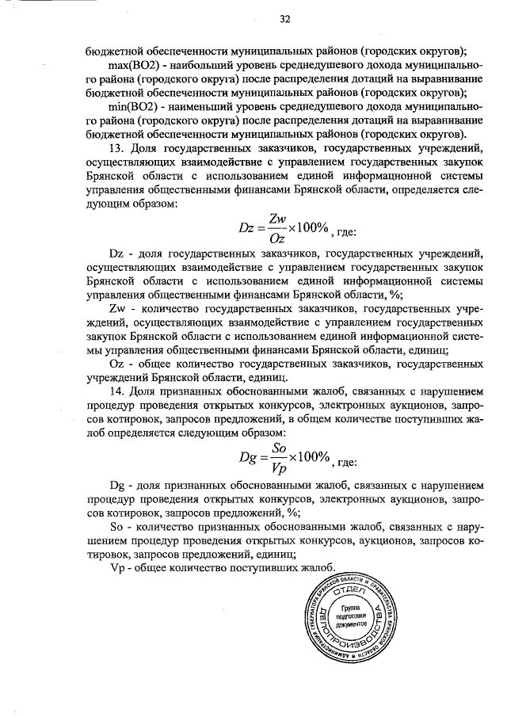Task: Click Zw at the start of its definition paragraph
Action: [x=116, y=307]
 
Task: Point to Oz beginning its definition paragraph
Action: [x=116, y=362]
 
